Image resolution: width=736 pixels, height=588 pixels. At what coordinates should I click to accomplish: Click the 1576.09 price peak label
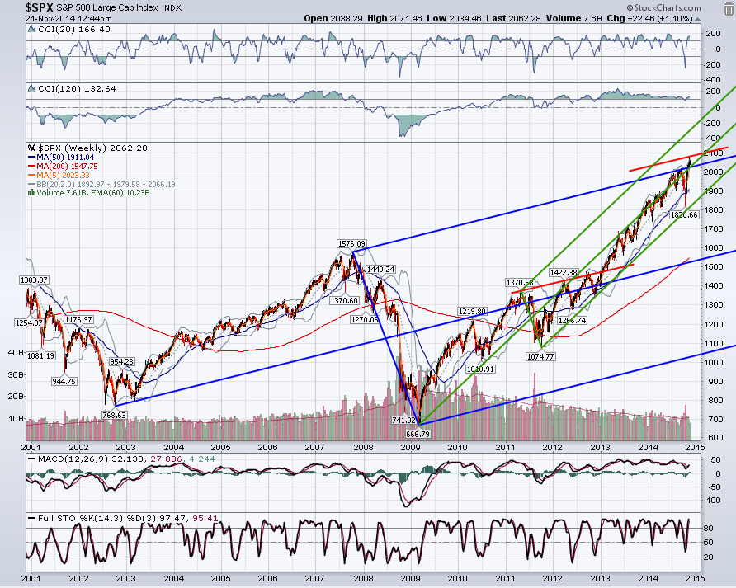351,243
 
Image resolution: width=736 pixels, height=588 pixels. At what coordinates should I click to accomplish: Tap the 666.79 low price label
418,434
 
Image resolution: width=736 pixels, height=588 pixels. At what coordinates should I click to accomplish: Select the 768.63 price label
114,415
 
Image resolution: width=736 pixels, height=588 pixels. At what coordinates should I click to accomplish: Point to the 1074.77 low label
540,356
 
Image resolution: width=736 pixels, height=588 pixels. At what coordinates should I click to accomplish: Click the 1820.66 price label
684,214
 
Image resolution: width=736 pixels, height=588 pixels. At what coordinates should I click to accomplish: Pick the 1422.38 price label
564,272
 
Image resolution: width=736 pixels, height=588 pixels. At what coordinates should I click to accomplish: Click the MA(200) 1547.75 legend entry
63,166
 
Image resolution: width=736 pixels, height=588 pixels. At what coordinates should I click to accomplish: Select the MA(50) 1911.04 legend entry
62,158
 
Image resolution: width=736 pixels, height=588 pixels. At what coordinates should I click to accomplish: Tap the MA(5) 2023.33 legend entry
59,175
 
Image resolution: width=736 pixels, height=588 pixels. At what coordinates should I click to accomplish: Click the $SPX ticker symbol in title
40,7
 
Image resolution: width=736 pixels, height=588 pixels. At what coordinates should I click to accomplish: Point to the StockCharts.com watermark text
664,7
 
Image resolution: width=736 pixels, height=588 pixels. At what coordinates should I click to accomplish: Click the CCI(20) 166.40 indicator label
70,29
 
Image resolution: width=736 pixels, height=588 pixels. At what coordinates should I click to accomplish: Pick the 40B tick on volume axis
16,352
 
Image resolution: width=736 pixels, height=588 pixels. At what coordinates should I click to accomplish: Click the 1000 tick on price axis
713,362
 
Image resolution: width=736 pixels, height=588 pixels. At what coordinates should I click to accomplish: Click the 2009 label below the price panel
410,447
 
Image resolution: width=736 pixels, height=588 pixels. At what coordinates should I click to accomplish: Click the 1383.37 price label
34,280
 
